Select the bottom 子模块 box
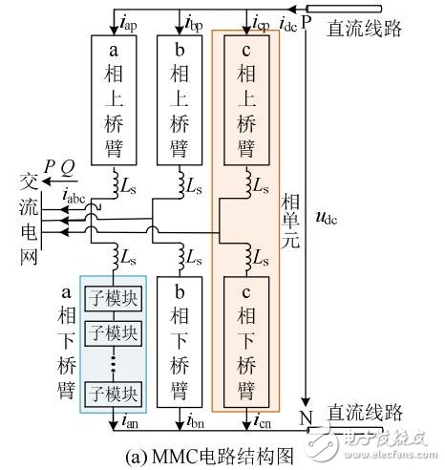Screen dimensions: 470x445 click(x=113, y=393)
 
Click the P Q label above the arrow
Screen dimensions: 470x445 click(x=56, y=167)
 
